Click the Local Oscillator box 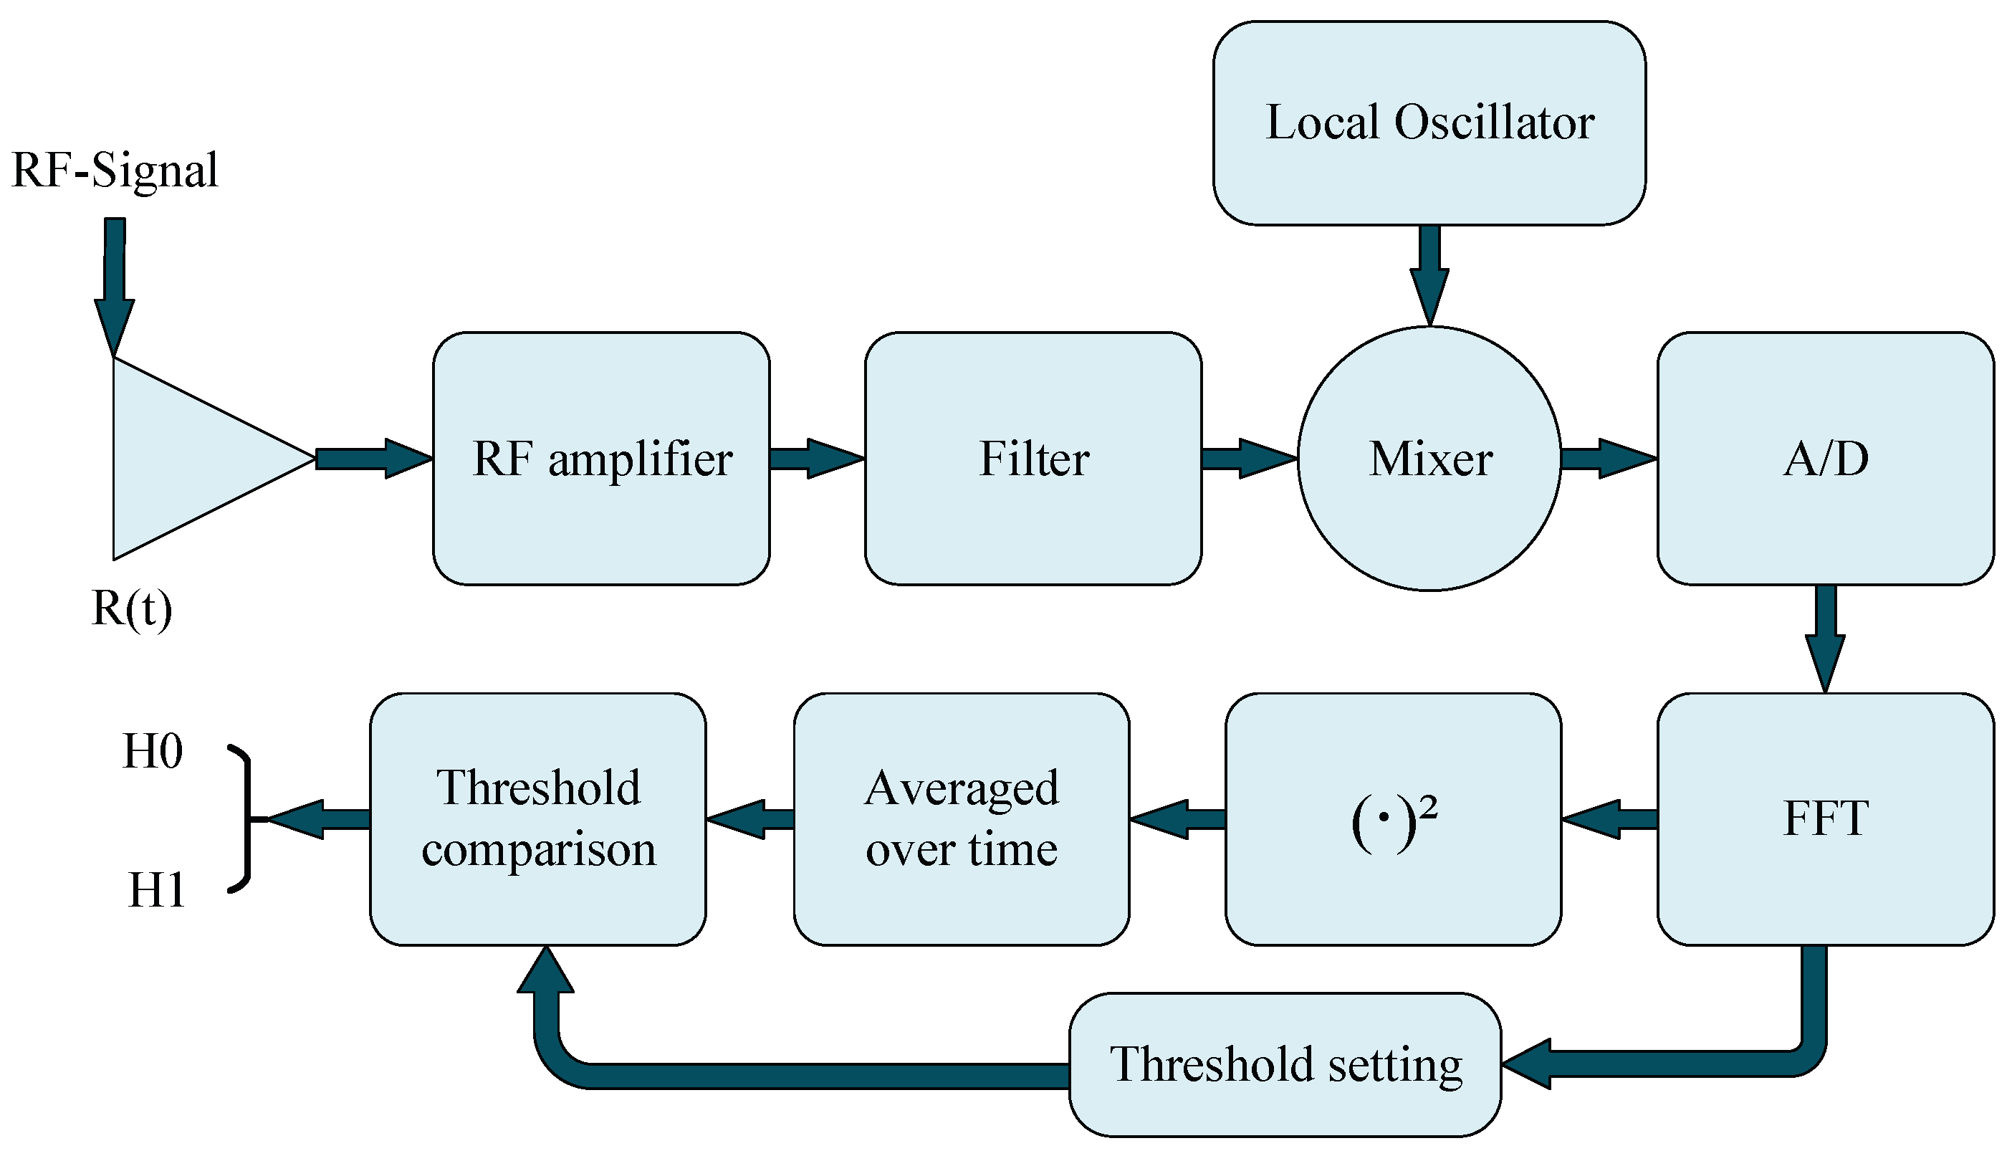[x=1429, y=123]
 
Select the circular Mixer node [x=1429, y=459]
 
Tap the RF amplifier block [x=601, y=459]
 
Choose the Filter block [x=1033, y=459]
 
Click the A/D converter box [x=1825, y=459]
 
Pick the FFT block [x=1825, y=818]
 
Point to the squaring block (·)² [x=1393, y=818]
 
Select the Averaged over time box [x=961, y=818]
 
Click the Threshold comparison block [x=538, y=818]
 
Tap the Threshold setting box [x=1285, y=1064]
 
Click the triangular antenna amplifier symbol [x=191, y=459]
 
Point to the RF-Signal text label [x=115, y=170]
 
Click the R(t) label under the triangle [x=132, y=610]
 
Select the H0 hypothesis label [x=153, y=750]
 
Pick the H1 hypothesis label [x=156, y=890]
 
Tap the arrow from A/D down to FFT [x=1825, y=635]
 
